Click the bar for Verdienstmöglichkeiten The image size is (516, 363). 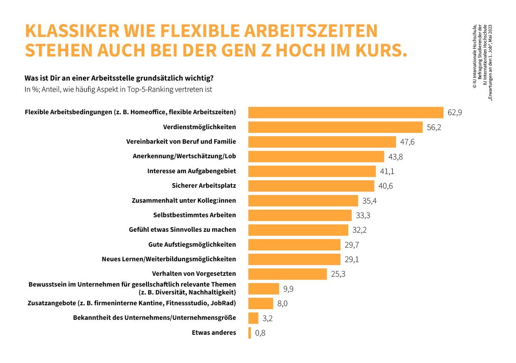tap(335, 127)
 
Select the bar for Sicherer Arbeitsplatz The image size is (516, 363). tap(311, 186)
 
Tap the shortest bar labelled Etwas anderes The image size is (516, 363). tap(250, 333)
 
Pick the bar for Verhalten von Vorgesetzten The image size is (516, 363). tap(288, 274)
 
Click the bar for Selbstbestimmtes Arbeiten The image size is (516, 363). tap(300, 215)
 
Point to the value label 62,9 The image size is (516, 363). tap(454, 113)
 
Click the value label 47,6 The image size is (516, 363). tap(407, 142)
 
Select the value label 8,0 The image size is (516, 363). tap(282, 304)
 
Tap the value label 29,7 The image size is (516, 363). tap(352, 245)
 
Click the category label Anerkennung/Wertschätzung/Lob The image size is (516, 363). tap(184, 156)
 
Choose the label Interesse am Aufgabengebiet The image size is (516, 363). tap(191, 171)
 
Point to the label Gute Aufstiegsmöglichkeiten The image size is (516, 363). tap(192, 244)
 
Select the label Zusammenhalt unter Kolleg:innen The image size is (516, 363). tap(184, 200)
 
